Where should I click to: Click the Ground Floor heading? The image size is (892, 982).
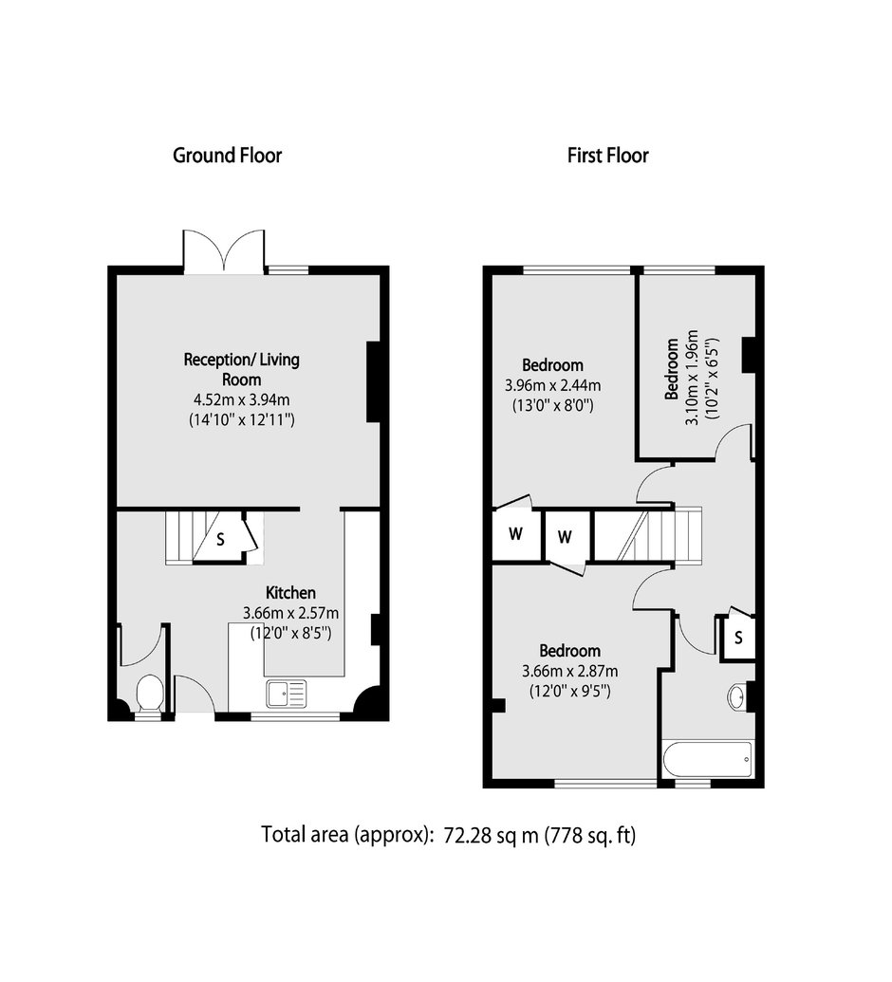tap(228, 156)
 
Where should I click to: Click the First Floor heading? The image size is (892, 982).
tap(607, 156)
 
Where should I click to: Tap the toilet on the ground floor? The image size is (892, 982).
tap(150, 694)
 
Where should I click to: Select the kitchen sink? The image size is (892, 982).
tap(287, 694)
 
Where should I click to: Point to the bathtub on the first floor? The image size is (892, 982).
tap(709, 759)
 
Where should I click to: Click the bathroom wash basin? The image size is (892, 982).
tap(736, 695)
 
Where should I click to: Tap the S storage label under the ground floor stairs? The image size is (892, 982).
tap(220, 539)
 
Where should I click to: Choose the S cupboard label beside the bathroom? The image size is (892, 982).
tap(738, 638)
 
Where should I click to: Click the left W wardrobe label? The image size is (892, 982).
tap(515, 534)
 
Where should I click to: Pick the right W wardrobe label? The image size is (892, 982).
tap(565, 537)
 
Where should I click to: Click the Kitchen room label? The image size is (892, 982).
tap(290, 592)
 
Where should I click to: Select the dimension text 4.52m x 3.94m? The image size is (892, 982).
tap(242, 399)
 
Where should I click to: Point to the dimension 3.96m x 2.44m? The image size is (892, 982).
tap(553, 385)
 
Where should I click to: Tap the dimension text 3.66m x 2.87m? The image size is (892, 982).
tap(570, 672)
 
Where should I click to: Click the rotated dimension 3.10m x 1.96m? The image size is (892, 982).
tap(692, 378)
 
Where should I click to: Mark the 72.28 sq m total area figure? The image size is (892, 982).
tap(492, 835)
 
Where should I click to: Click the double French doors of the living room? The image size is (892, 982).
tap(224, 251)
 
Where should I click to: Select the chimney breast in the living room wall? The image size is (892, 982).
tap(374, 381)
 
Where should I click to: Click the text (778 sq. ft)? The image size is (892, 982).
tap(590, 836)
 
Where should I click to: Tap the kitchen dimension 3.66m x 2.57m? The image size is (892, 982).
tap(290, 613)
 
